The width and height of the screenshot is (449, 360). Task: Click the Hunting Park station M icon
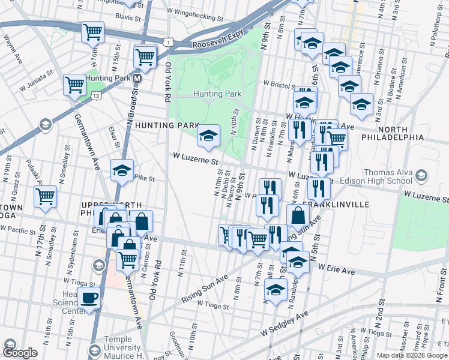tap(137, 79)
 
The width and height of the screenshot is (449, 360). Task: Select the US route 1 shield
tap(170, 41)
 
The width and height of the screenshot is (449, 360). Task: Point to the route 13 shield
tap(95, 95)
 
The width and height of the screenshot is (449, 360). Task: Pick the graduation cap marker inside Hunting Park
tap(209, 136)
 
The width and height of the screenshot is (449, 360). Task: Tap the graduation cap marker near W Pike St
tap(122, 170)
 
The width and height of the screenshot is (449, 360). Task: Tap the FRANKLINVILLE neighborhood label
tap(336, 205)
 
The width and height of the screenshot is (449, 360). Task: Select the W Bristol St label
tap(281, 85)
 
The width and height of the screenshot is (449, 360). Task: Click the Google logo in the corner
tap(20, 353)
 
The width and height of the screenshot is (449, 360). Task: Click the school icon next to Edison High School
tap(421, 176)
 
